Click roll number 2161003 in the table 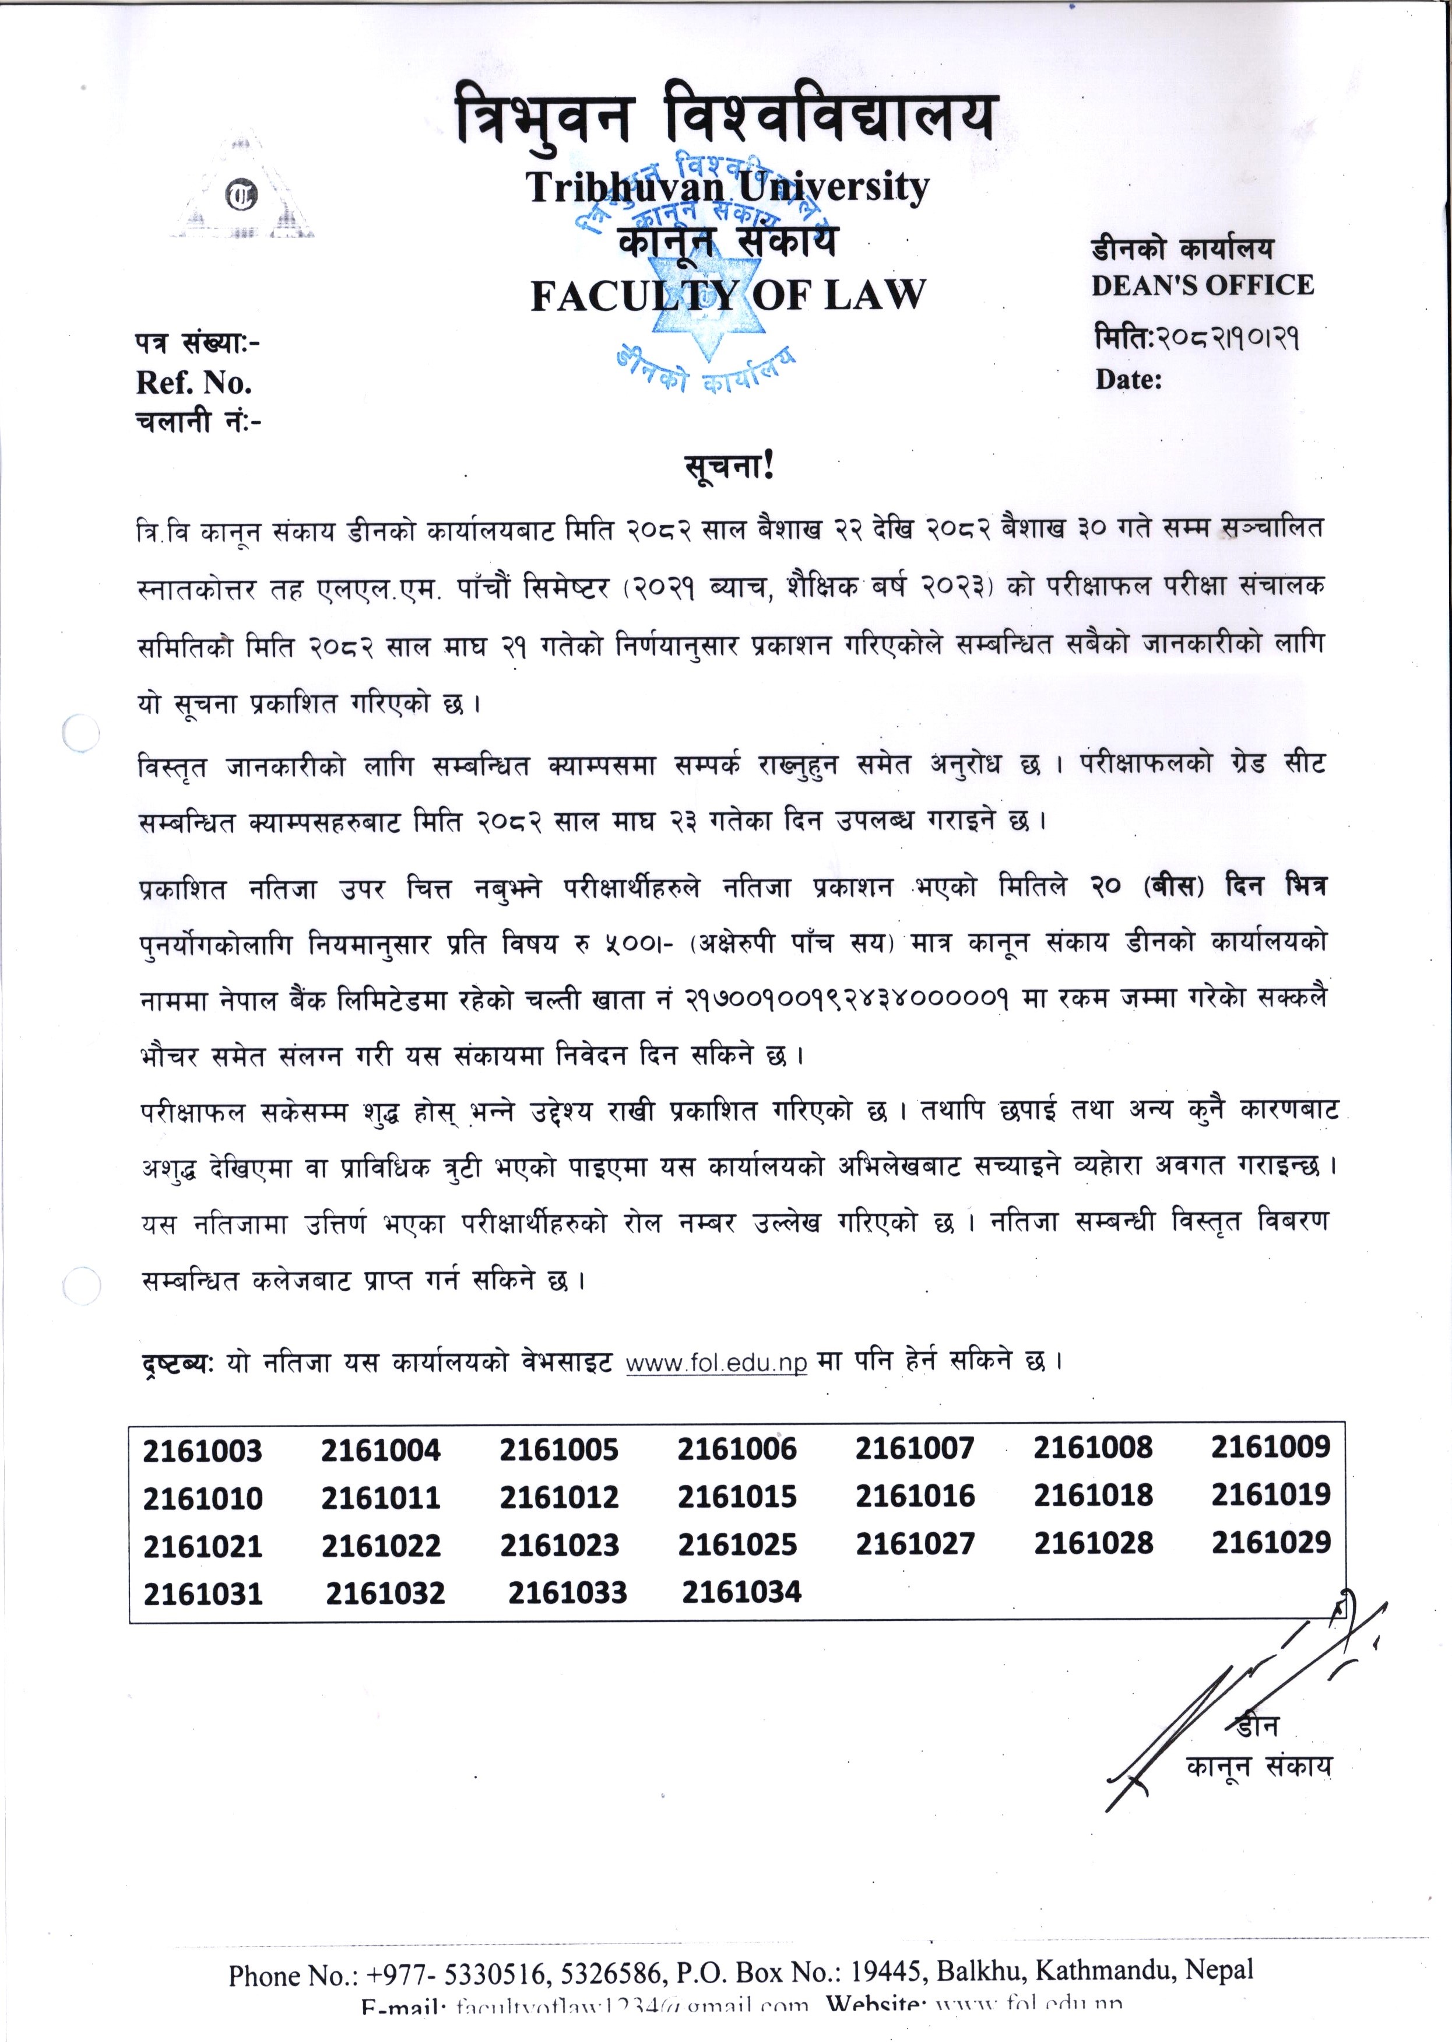(x=202, y=1451)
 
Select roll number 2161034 (x=741, y=1592)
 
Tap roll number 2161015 (x=737, y=1497)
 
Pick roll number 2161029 (x=1271, y=1543)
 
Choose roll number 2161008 (x=1092, y=1448)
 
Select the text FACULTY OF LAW (x=728, y=295)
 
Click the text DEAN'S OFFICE (x=1203, y=285)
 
